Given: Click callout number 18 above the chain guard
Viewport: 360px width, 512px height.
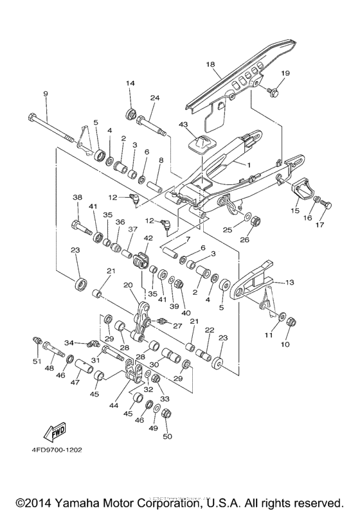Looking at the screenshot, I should [x=210, y=65].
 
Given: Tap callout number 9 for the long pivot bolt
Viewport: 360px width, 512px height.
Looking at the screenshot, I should [x=46, y=94].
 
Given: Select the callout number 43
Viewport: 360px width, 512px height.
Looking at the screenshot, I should [x=183, y=125].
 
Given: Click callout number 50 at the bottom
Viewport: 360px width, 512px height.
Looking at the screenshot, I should [x=168, y=437].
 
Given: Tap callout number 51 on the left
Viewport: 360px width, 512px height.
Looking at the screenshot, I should [x=37, y=361].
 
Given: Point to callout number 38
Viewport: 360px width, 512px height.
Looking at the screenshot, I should [x=77, y=197].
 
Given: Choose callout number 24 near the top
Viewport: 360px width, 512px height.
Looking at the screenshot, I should [x=154, y=98].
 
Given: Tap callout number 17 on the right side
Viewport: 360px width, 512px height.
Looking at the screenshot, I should [x=319, y=225].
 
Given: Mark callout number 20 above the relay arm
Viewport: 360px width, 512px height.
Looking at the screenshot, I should [x=128, y=285].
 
